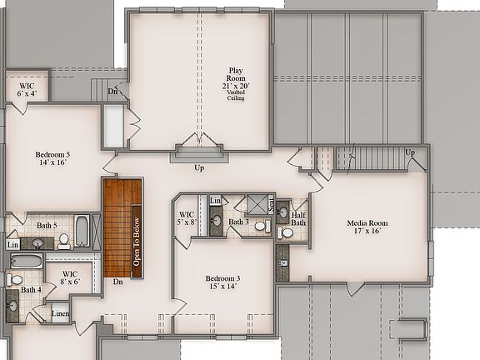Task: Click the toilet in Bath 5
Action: pyautogui.click(x=63, y=240)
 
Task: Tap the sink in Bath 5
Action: pyautogui.click(x=39, y=242)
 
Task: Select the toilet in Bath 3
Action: pyautogui.click(x=260, y=225)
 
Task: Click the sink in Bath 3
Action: pyautogui.click(x=217, y=222)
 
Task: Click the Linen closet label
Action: pyautogui.click(x=60, y=313)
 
